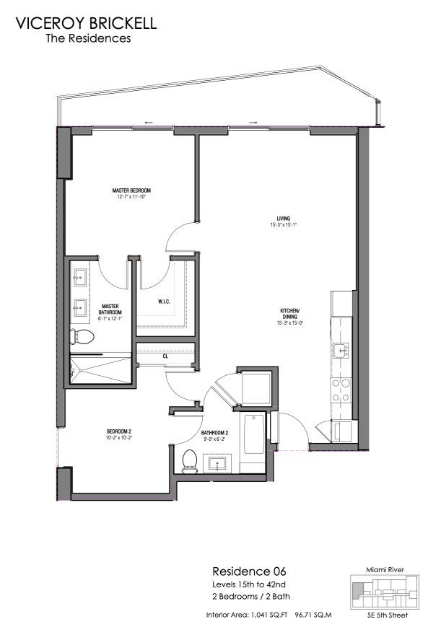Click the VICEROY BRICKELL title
click(x=86, y=23)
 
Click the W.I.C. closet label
click(x=165, y=302)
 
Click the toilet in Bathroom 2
click(x=191, y=460)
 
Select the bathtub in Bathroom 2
click(x=253, y=433)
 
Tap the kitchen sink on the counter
click(x=340, y=351)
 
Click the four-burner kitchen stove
click(x=339, y=390)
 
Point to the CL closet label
click(x=165, y=356)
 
